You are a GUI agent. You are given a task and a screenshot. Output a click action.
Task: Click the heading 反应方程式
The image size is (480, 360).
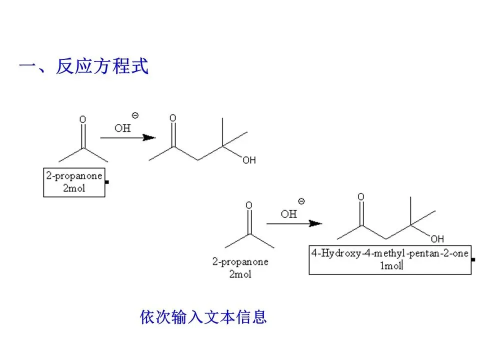pos(102,66)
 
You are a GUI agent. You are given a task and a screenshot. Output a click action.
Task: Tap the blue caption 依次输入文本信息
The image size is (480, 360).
pos(203,317)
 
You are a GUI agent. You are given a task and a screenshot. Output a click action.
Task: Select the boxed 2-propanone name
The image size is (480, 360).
pos(74,175)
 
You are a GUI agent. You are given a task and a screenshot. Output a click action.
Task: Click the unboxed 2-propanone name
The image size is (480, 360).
pos(240,261)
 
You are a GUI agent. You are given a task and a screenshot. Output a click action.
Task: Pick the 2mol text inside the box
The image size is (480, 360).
pos(74,188)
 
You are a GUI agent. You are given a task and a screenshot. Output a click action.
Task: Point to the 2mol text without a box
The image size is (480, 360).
pos(240,274)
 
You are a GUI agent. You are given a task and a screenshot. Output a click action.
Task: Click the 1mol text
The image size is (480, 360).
pos(390,265)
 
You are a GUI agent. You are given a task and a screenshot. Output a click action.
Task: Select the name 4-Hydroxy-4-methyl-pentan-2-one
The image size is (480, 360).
pos(390,253)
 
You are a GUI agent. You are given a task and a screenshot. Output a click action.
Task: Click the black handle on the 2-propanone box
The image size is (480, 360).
pos(106,182)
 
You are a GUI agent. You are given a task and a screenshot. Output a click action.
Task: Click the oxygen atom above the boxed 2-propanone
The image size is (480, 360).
pos(82,119)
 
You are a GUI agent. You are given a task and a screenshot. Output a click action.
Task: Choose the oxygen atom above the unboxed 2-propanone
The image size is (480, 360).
pos(249,205)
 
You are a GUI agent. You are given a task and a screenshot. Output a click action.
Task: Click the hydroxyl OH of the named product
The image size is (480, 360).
pos(437,238)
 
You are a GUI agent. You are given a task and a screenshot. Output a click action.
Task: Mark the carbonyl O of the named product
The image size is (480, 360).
pos(361,196)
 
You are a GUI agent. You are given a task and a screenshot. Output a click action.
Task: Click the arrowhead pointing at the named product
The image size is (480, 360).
pos(315,223)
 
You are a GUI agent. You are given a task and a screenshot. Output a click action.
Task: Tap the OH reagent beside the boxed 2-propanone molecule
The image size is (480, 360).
pos(122,128)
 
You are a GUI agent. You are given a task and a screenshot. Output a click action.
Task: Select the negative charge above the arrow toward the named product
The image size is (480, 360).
pos(301,201)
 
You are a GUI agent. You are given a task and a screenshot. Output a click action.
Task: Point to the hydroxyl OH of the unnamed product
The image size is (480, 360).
pos(249,160)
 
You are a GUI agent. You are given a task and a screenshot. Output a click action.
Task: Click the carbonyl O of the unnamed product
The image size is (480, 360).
pos(172,118)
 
